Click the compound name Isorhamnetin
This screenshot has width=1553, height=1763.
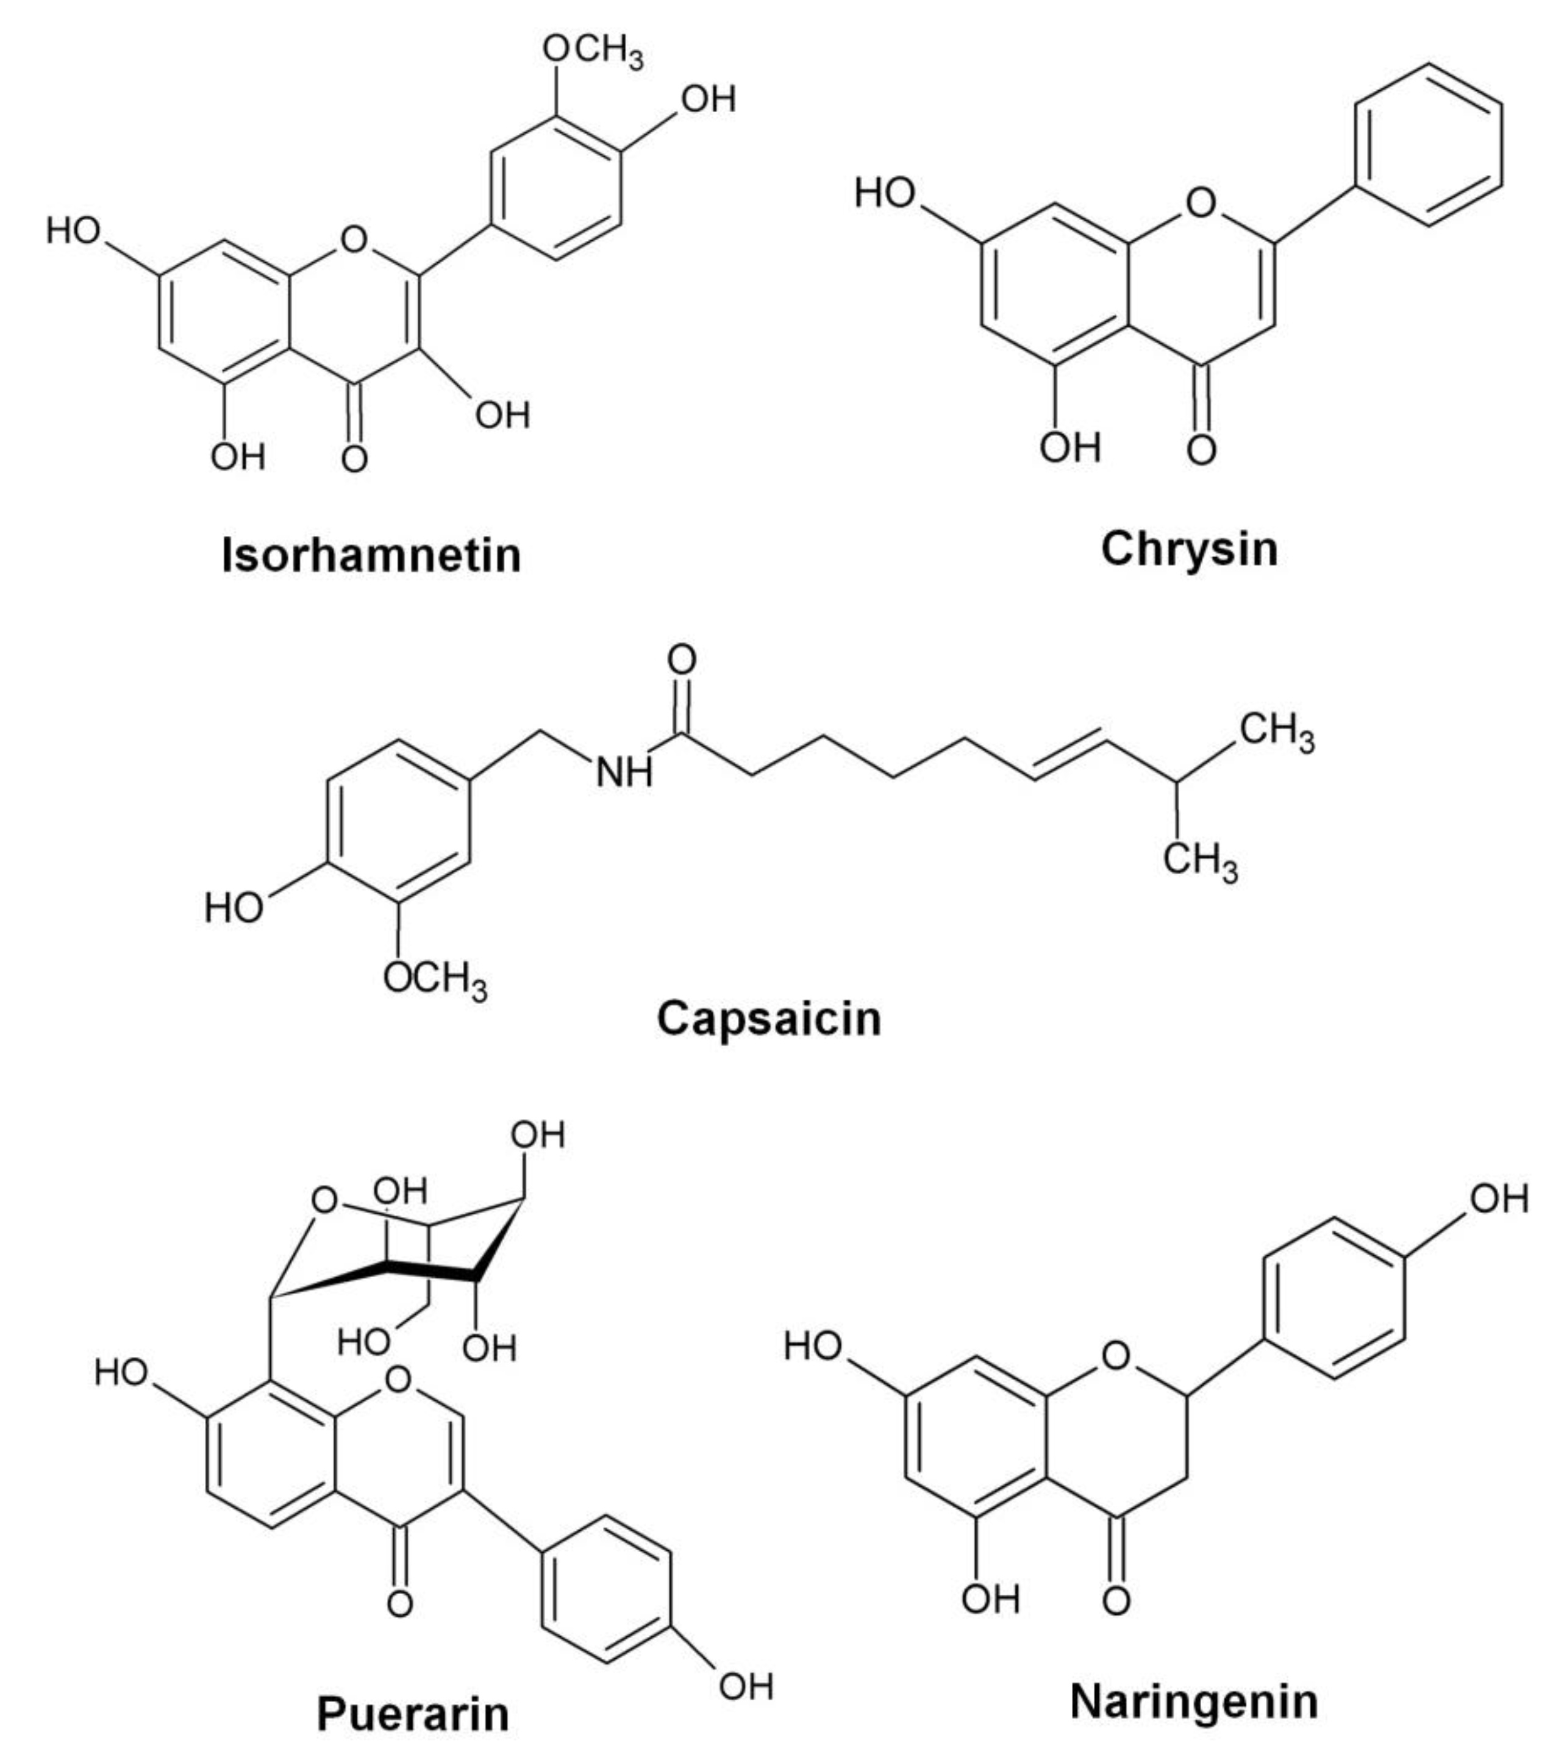371,555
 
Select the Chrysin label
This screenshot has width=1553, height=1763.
1189,549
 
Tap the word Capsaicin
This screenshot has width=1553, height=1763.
769,1019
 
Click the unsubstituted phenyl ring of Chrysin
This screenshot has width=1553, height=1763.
1428,146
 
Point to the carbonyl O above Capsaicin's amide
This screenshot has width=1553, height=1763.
682,660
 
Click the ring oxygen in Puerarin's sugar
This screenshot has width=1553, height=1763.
324,1200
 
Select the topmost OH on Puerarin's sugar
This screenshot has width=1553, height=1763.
538,1135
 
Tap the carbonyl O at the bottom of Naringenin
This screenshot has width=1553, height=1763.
1116,1600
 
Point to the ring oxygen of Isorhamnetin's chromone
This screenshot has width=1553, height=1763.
354,239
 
